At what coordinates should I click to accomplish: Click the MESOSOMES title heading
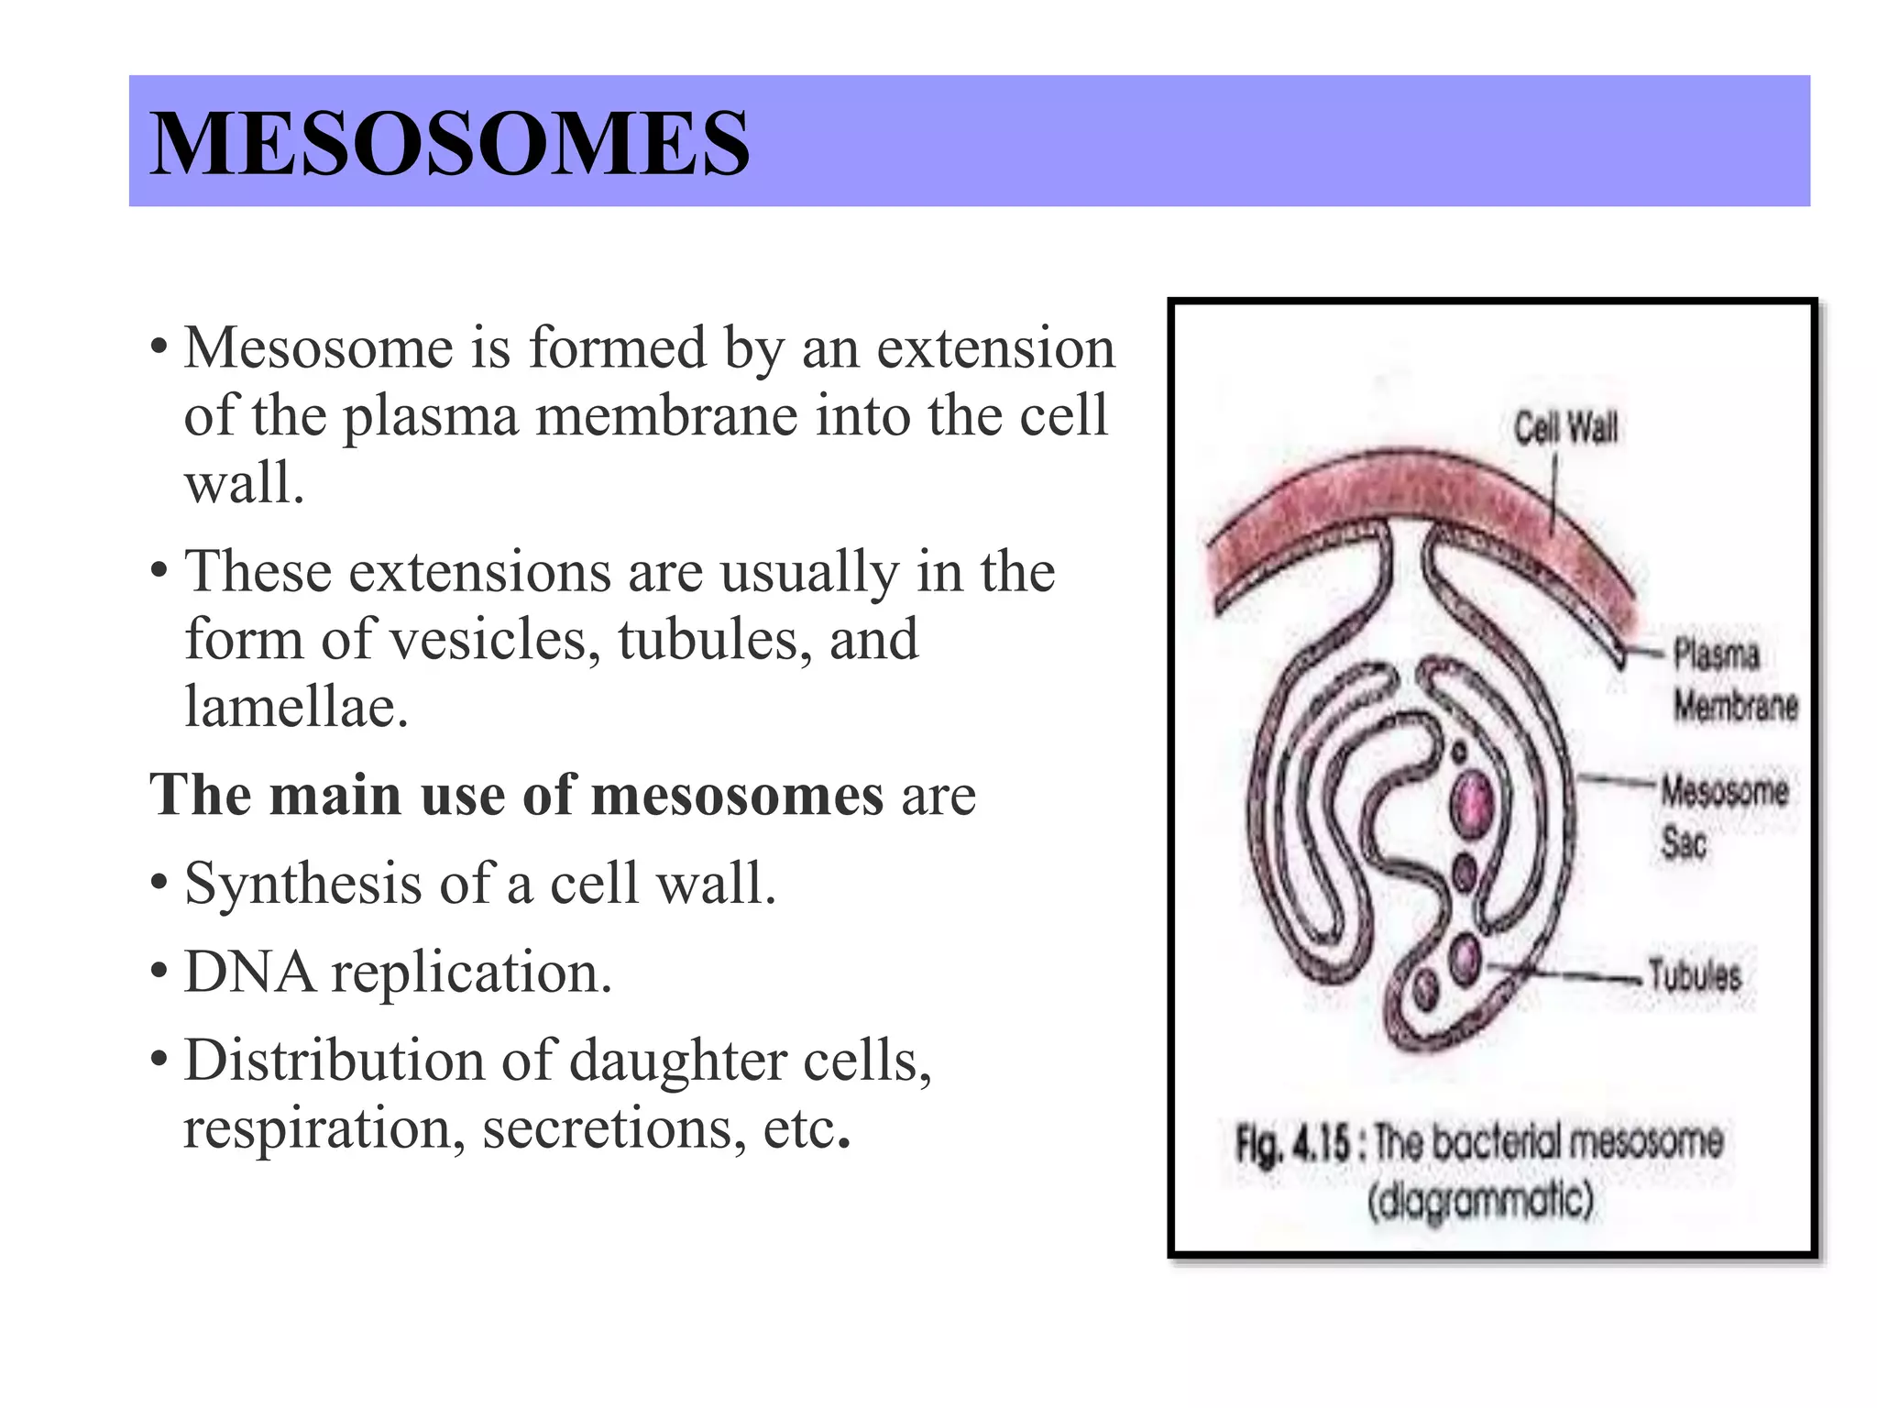click(449, 143)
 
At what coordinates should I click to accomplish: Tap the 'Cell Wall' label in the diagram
click(1565, 428)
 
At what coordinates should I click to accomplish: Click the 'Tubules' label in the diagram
click(1694, 974)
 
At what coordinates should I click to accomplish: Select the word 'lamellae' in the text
click(295, 706)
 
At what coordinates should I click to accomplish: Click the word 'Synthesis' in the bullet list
click(302, 884)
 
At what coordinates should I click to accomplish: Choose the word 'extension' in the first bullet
click(995, 348)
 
